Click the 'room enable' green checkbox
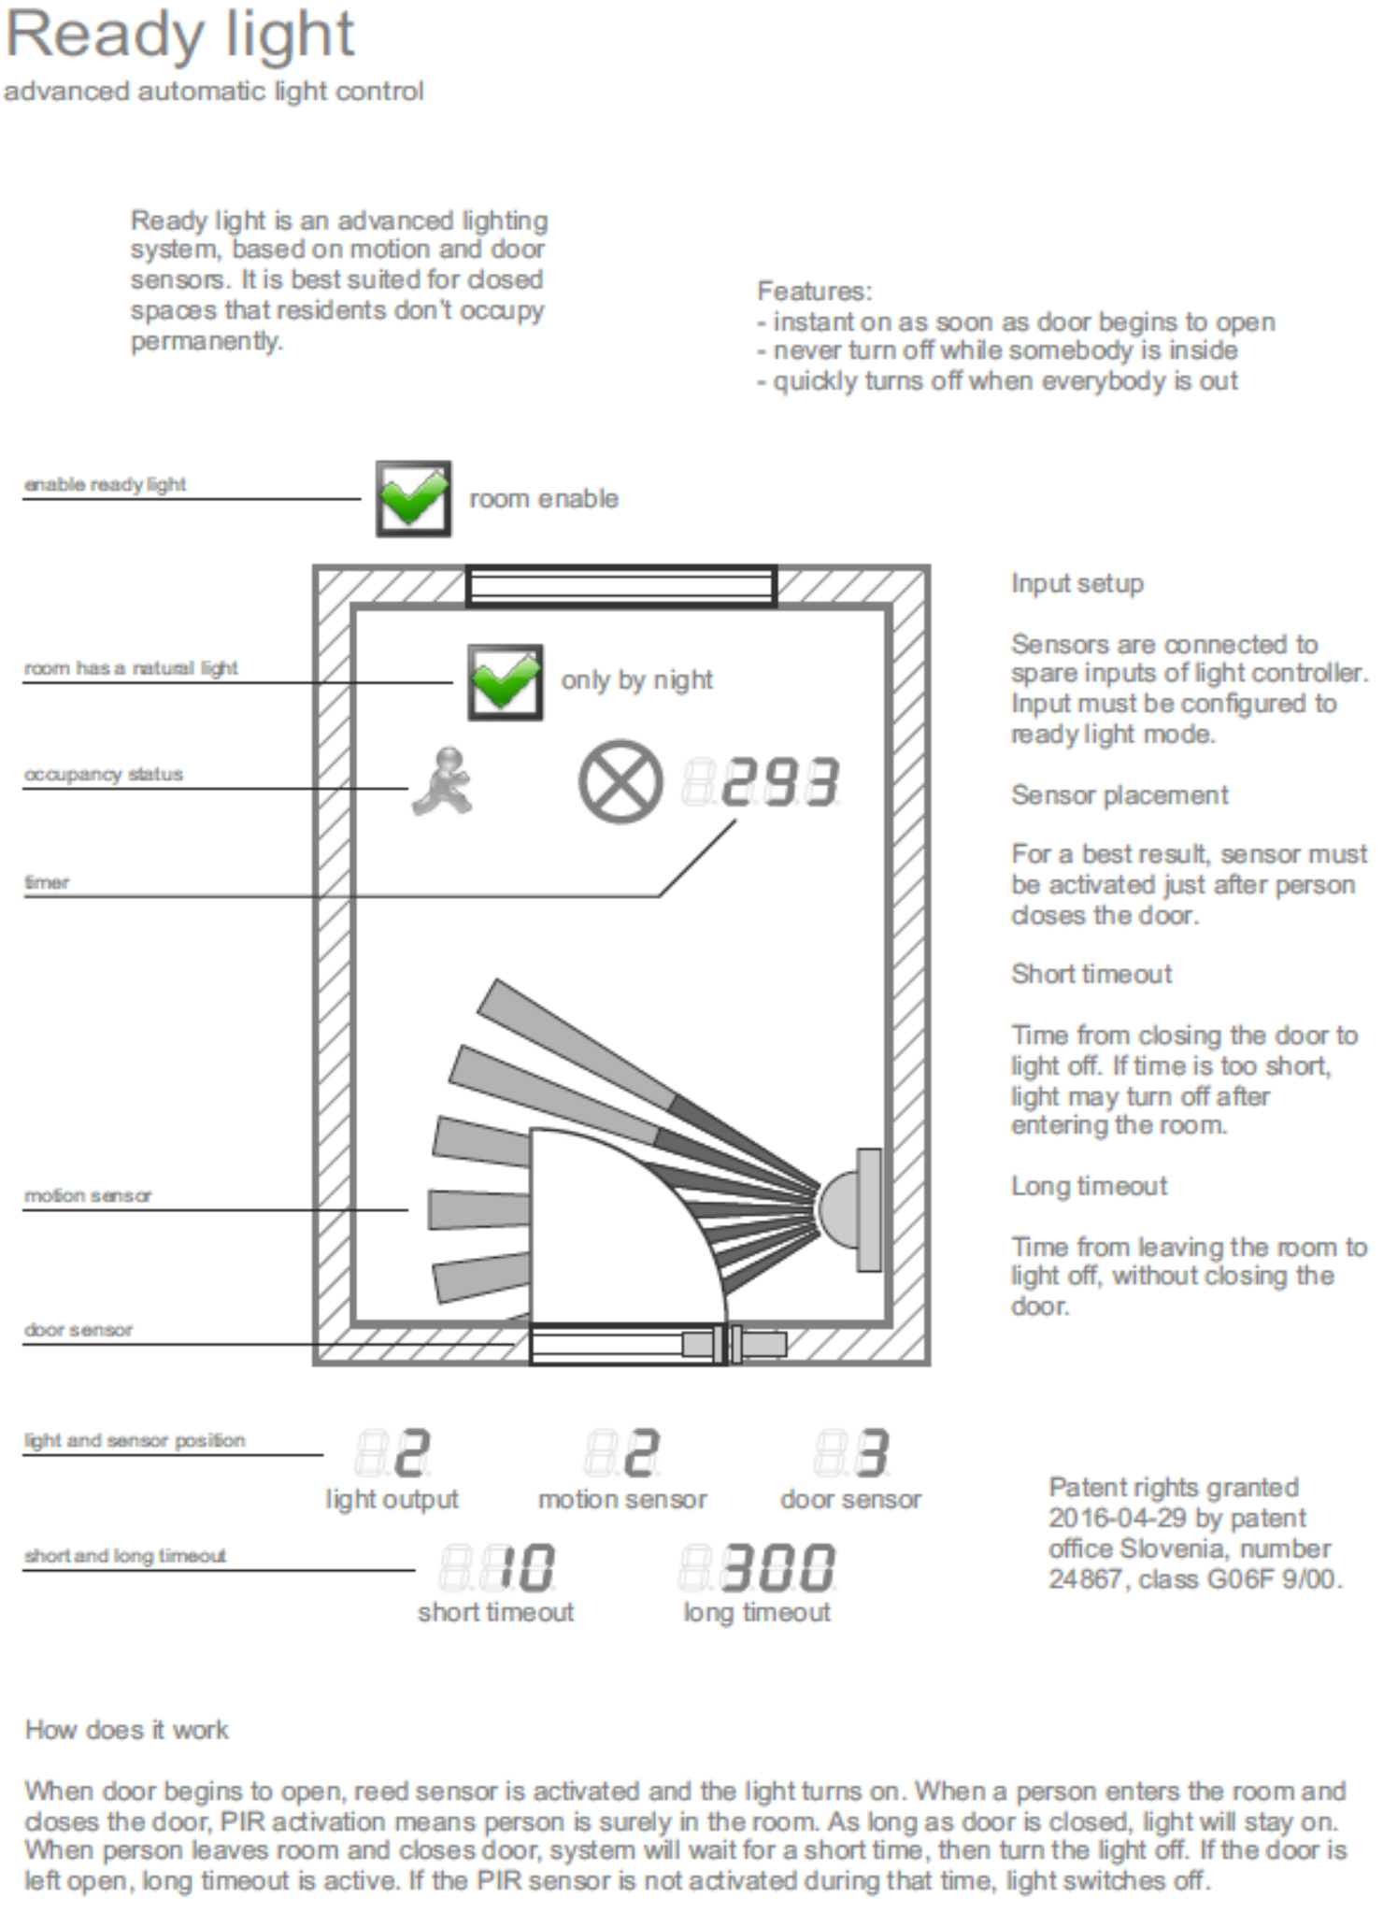click(x=413, y=498)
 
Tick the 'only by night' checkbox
click(x=505, y=681)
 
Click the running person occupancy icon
click(x=443, y=781)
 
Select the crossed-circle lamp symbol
click(x=620, y=781)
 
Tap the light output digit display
click(x=392, y=1453)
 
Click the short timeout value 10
click(x=498, y=1567)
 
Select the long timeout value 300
click(x=758, y=1567)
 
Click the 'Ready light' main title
click(x=179, y=36)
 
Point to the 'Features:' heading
click(x=814, y=292)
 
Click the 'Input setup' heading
click(x=1076, y=584)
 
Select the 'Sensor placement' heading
click(x=1119, y=795)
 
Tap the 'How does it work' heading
click(x=126, y=1730)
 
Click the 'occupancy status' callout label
click(x=103, y=775)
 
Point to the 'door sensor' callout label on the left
click(x=78, y=1330)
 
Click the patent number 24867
click(x=1084, y=1579)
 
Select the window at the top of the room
click(x=620, y=586)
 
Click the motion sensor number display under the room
click(x=623, y=1453)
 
